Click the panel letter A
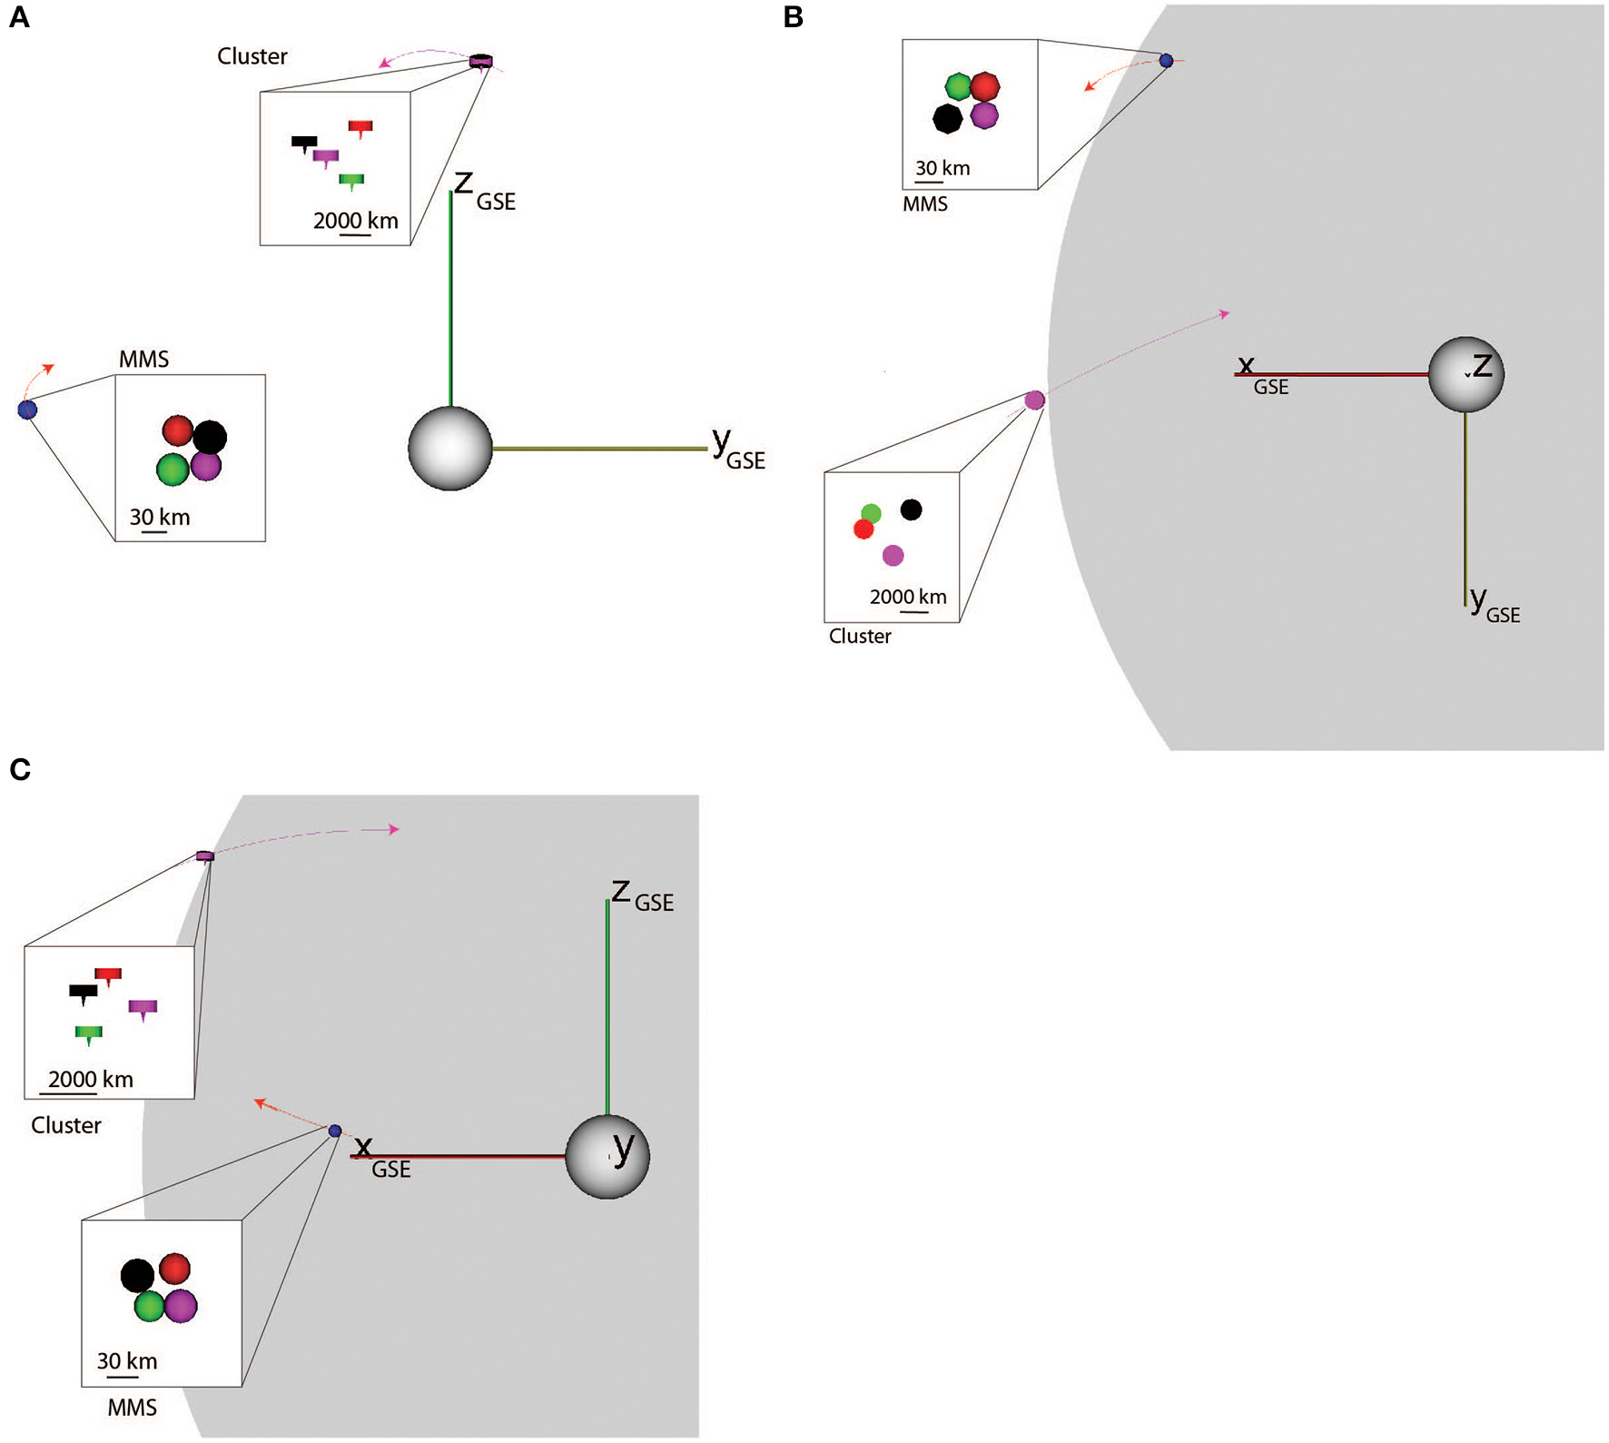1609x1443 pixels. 19,17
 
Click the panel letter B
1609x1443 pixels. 793,17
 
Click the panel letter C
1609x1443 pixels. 20,769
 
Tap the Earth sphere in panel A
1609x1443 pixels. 450,449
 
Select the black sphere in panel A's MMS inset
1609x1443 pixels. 210,438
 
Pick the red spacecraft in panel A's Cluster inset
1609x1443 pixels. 360,127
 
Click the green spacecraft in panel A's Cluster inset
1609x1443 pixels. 351,180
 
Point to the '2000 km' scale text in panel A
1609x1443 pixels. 355,221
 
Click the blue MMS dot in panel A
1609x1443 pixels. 28,410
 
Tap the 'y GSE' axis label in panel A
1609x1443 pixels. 736,450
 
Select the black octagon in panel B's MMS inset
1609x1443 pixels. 947,118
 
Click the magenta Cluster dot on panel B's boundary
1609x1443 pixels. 1034,400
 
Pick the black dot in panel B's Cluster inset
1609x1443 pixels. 911,509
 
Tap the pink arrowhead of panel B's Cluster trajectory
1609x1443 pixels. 1225,314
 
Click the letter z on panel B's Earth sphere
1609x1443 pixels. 1482,366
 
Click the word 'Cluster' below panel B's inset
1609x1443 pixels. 860,636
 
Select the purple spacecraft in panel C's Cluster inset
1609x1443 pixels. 143,1007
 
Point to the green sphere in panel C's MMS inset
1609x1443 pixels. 149,1306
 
